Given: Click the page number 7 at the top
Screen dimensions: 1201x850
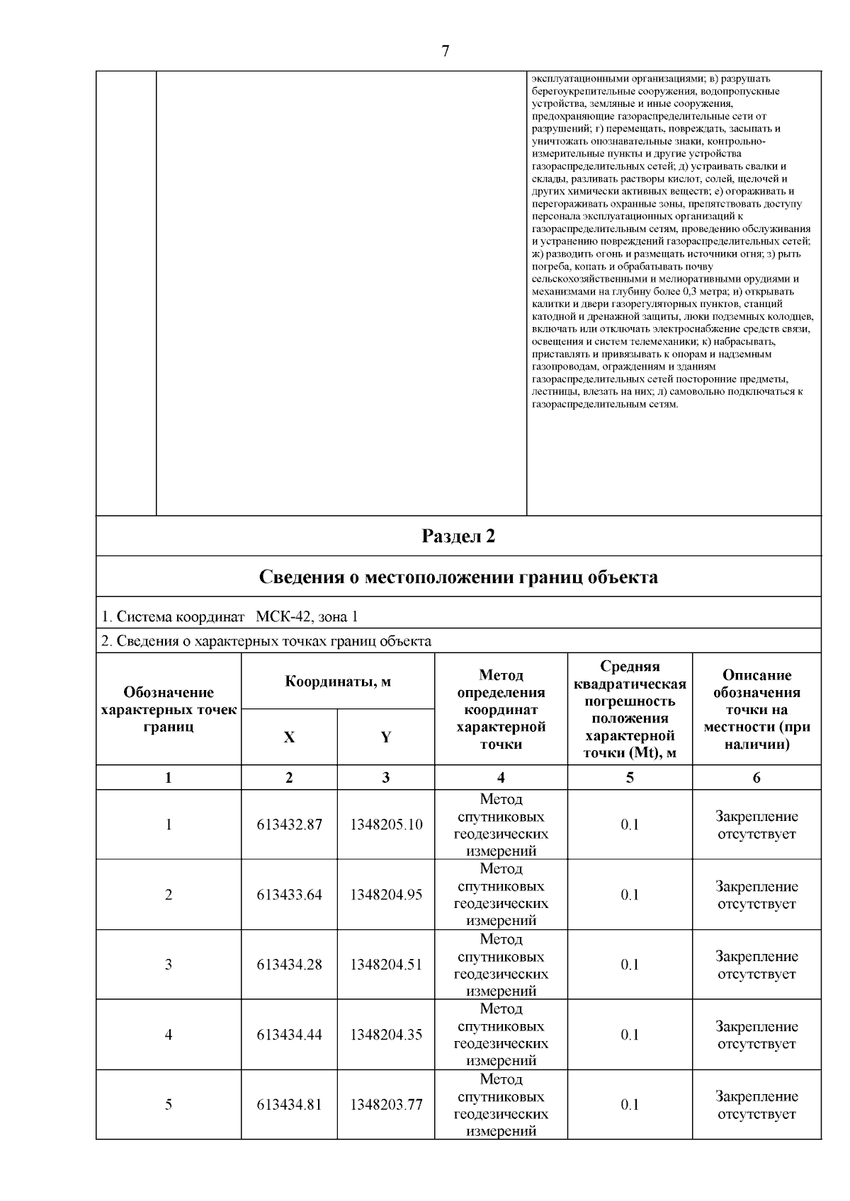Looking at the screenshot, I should coord(445,51).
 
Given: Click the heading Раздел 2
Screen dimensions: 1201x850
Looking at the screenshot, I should coord(458,536).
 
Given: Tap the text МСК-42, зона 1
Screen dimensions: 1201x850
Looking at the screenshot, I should coord(307,616).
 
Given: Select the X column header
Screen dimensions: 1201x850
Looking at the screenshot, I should coord(289,737).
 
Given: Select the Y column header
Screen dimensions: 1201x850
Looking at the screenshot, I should coord(385,737).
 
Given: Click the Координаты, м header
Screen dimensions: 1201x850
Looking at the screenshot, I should coord(338,682).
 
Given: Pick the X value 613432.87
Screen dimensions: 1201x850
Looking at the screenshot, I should coord(289,824).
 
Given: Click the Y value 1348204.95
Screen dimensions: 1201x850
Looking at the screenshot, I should coord(386,895).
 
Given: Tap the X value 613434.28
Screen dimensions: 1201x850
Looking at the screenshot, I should coord(289,965).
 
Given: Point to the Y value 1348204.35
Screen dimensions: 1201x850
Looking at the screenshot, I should coord(386,1035).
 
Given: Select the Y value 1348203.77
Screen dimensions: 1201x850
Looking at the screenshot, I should coord(386,1105).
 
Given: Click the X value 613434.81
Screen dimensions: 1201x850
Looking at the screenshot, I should coord(289,1105).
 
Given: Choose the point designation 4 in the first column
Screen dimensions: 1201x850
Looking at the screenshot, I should coord(169,1035).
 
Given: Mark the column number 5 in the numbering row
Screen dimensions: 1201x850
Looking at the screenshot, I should coord(630,778).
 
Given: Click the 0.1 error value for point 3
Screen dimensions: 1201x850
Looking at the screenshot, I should coord(630,965).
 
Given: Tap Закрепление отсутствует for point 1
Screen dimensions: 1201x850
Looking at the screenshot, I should coord(756,825).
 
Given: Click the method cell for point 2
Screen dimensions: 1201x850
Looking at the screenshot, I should coord(501,895).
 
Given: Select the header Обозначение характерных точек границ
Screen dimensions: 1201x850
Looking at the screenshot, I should coord(169,709).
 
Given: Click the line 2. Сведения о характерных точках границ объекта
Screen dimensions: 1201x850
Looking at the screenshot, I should coord(266,641).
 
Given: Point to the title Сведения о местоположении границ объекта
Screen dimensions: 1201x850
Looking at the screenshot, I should coord(458,577).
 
